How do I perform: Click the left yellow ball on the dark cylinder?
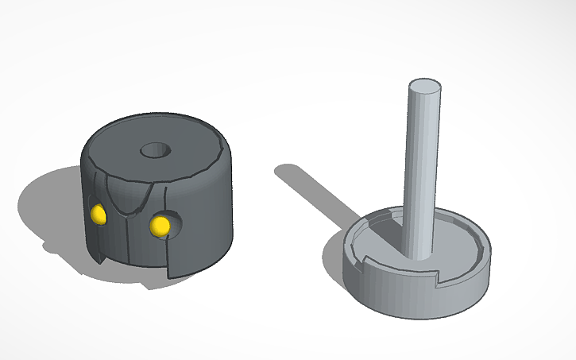[99, 213]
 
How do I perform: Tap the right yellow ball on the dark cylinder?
[160, 225]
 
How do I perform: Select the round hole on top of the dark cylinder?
[154, 149]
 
